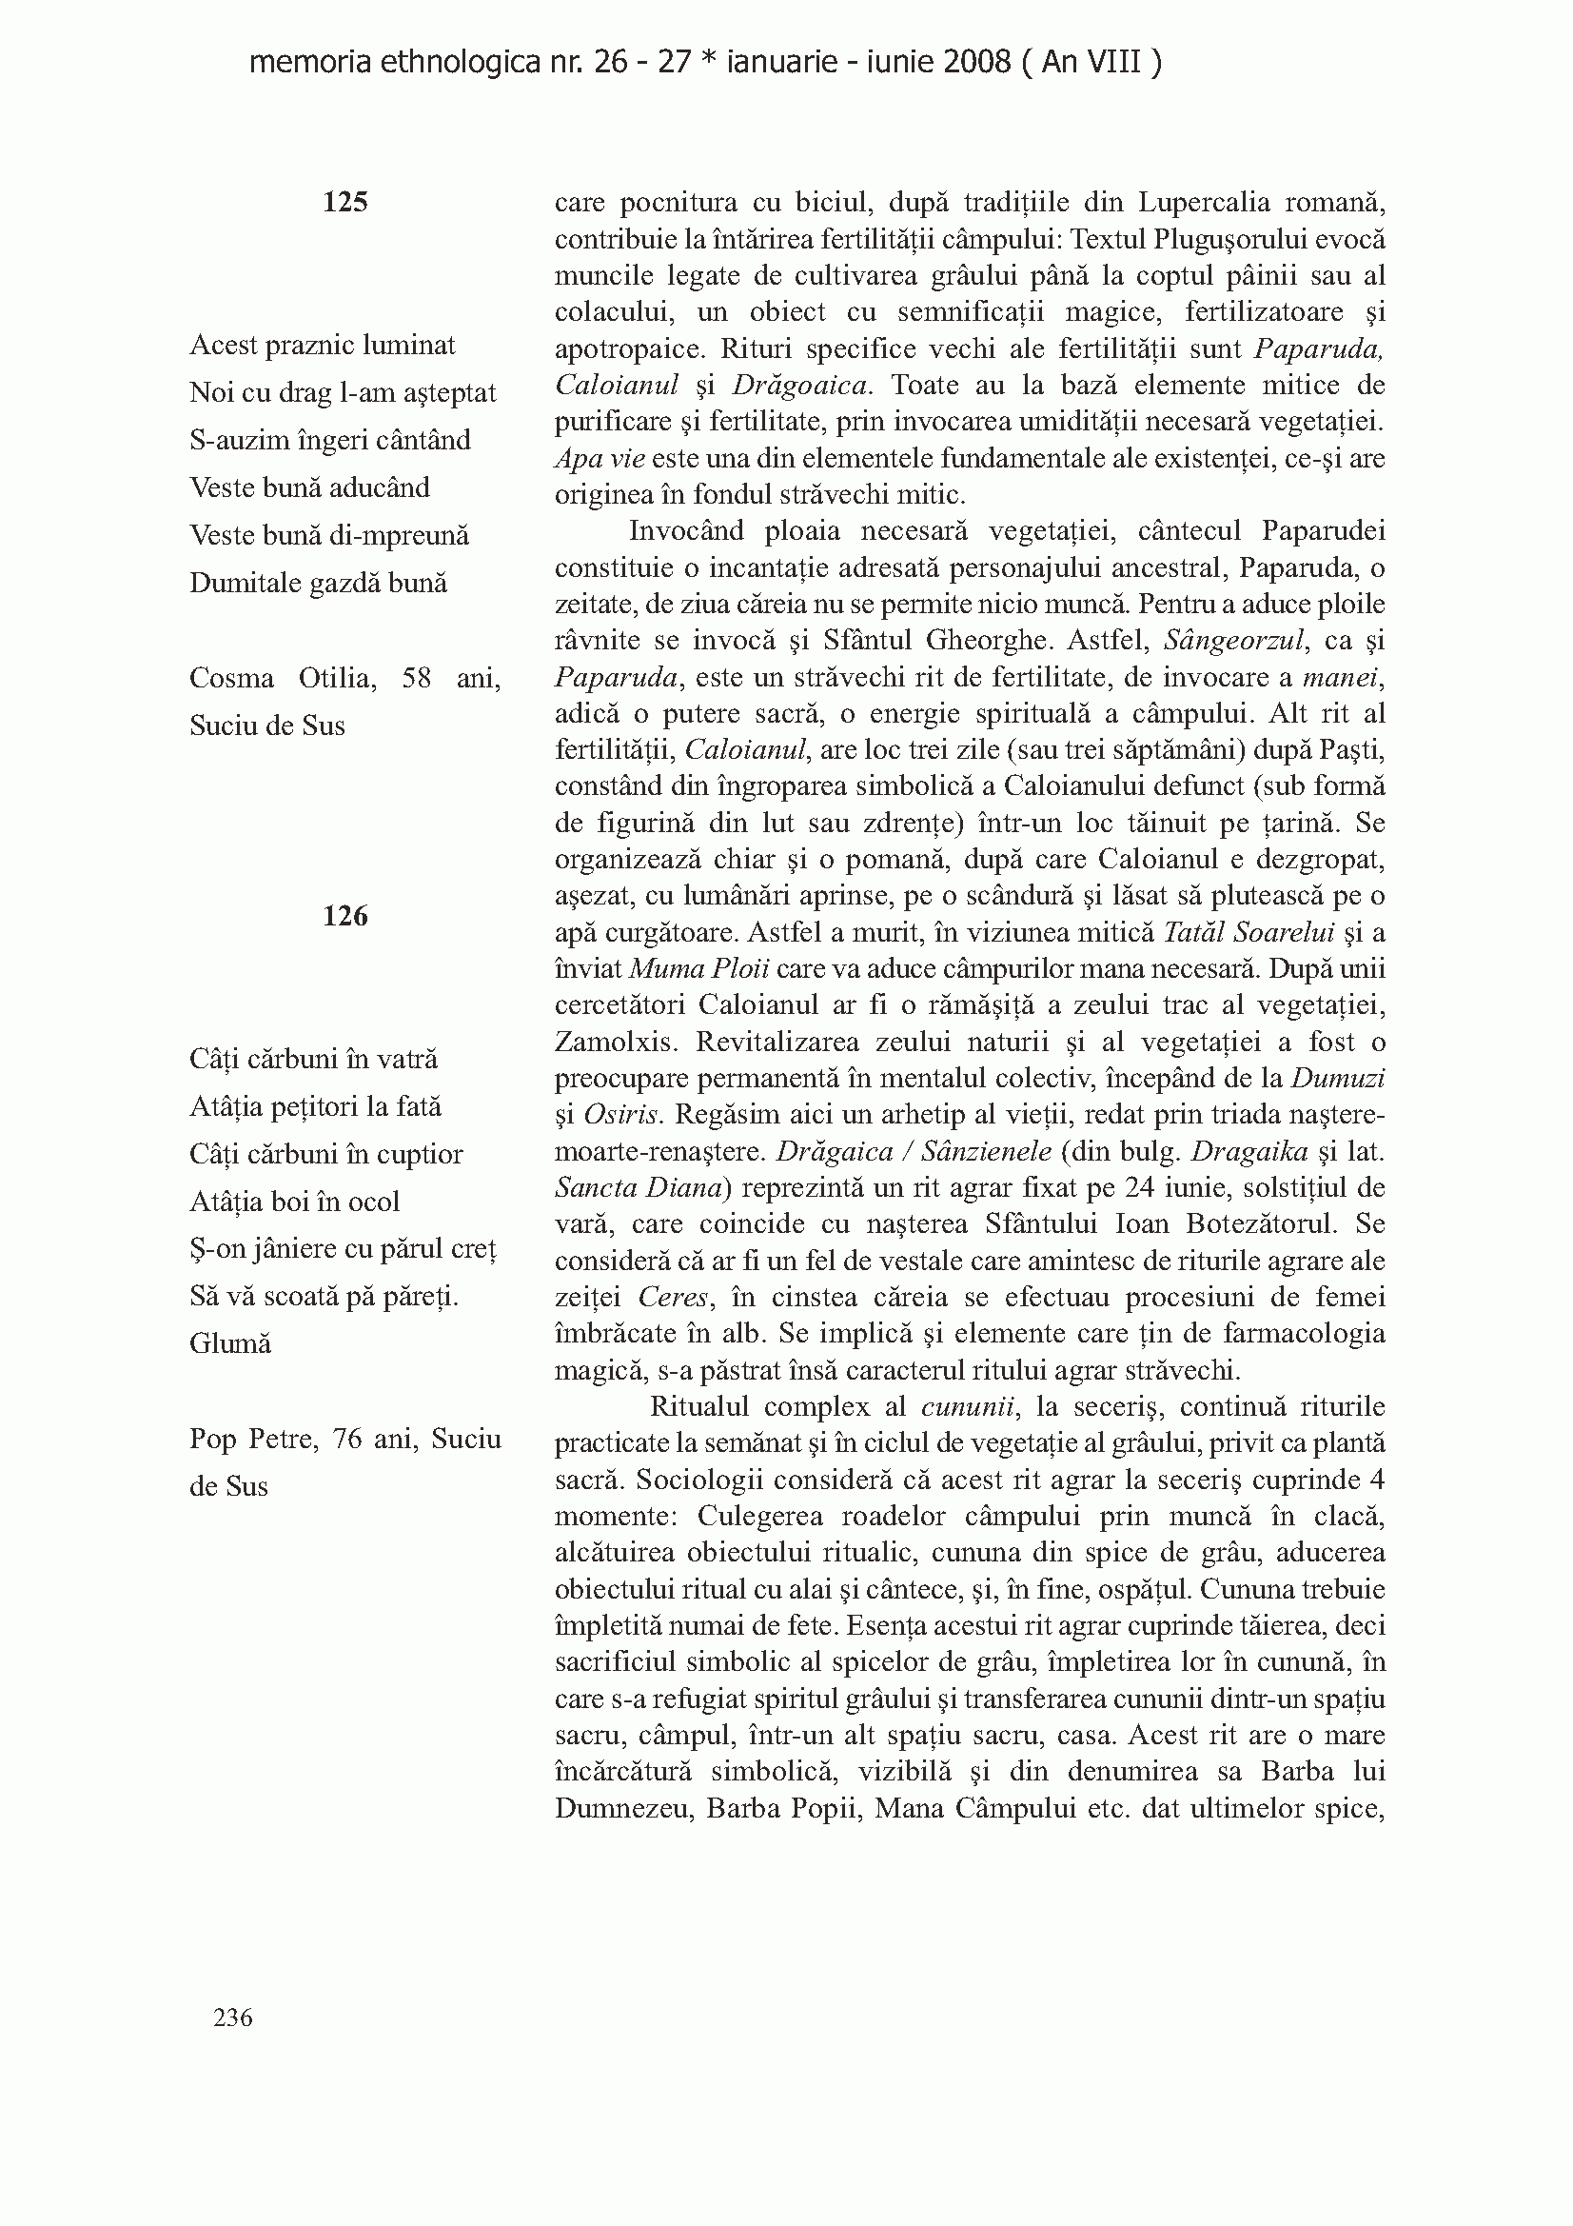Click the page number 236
pyautogui.click(x=232, y=2017)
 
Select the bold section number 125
pyautogui.click(x=345, y=202)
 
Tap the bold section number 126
pyautogui.click(x=345, y=915)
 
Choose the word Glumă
pyautogui.click(x=230, y=1343)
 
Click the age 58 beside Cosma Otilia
pyautogui.click(x=417, y=678)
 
